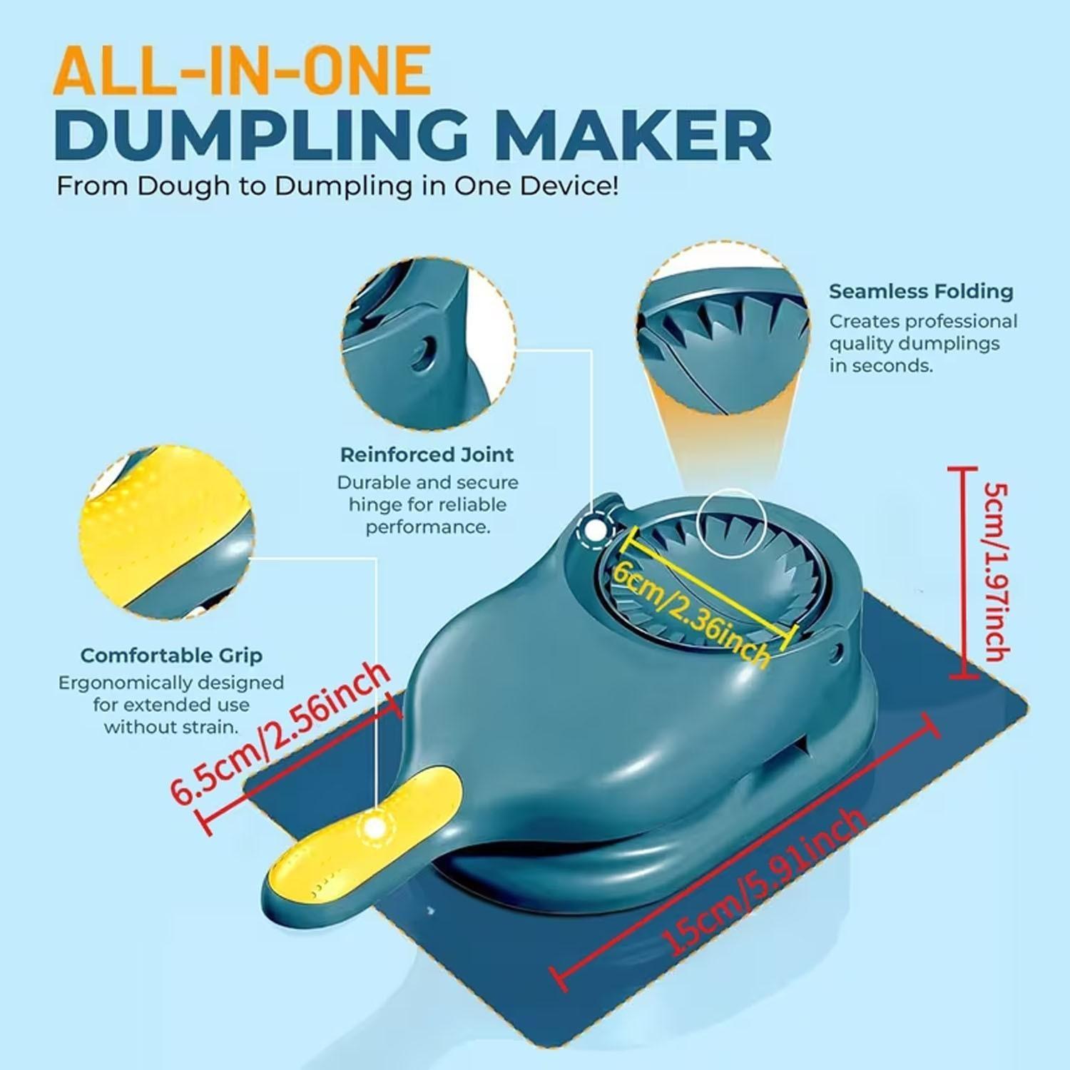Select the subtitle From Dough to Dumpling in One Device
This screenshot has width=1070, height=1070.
pos(337,186)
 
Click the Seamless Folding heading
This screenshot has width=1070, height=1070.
pos(920,291)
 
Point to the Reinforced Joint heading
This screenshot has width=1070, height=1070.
pos(427,454)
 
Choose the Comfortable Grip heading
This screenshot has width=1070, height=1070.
pos(171,655)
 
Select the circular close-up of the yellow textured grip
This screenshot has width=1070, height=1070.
pos(165,535)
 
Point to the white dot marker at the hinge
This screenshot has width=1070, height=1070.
pos(593,530)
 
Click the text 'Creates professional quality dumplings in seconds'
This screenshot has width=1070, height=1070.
pos(922,343)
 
